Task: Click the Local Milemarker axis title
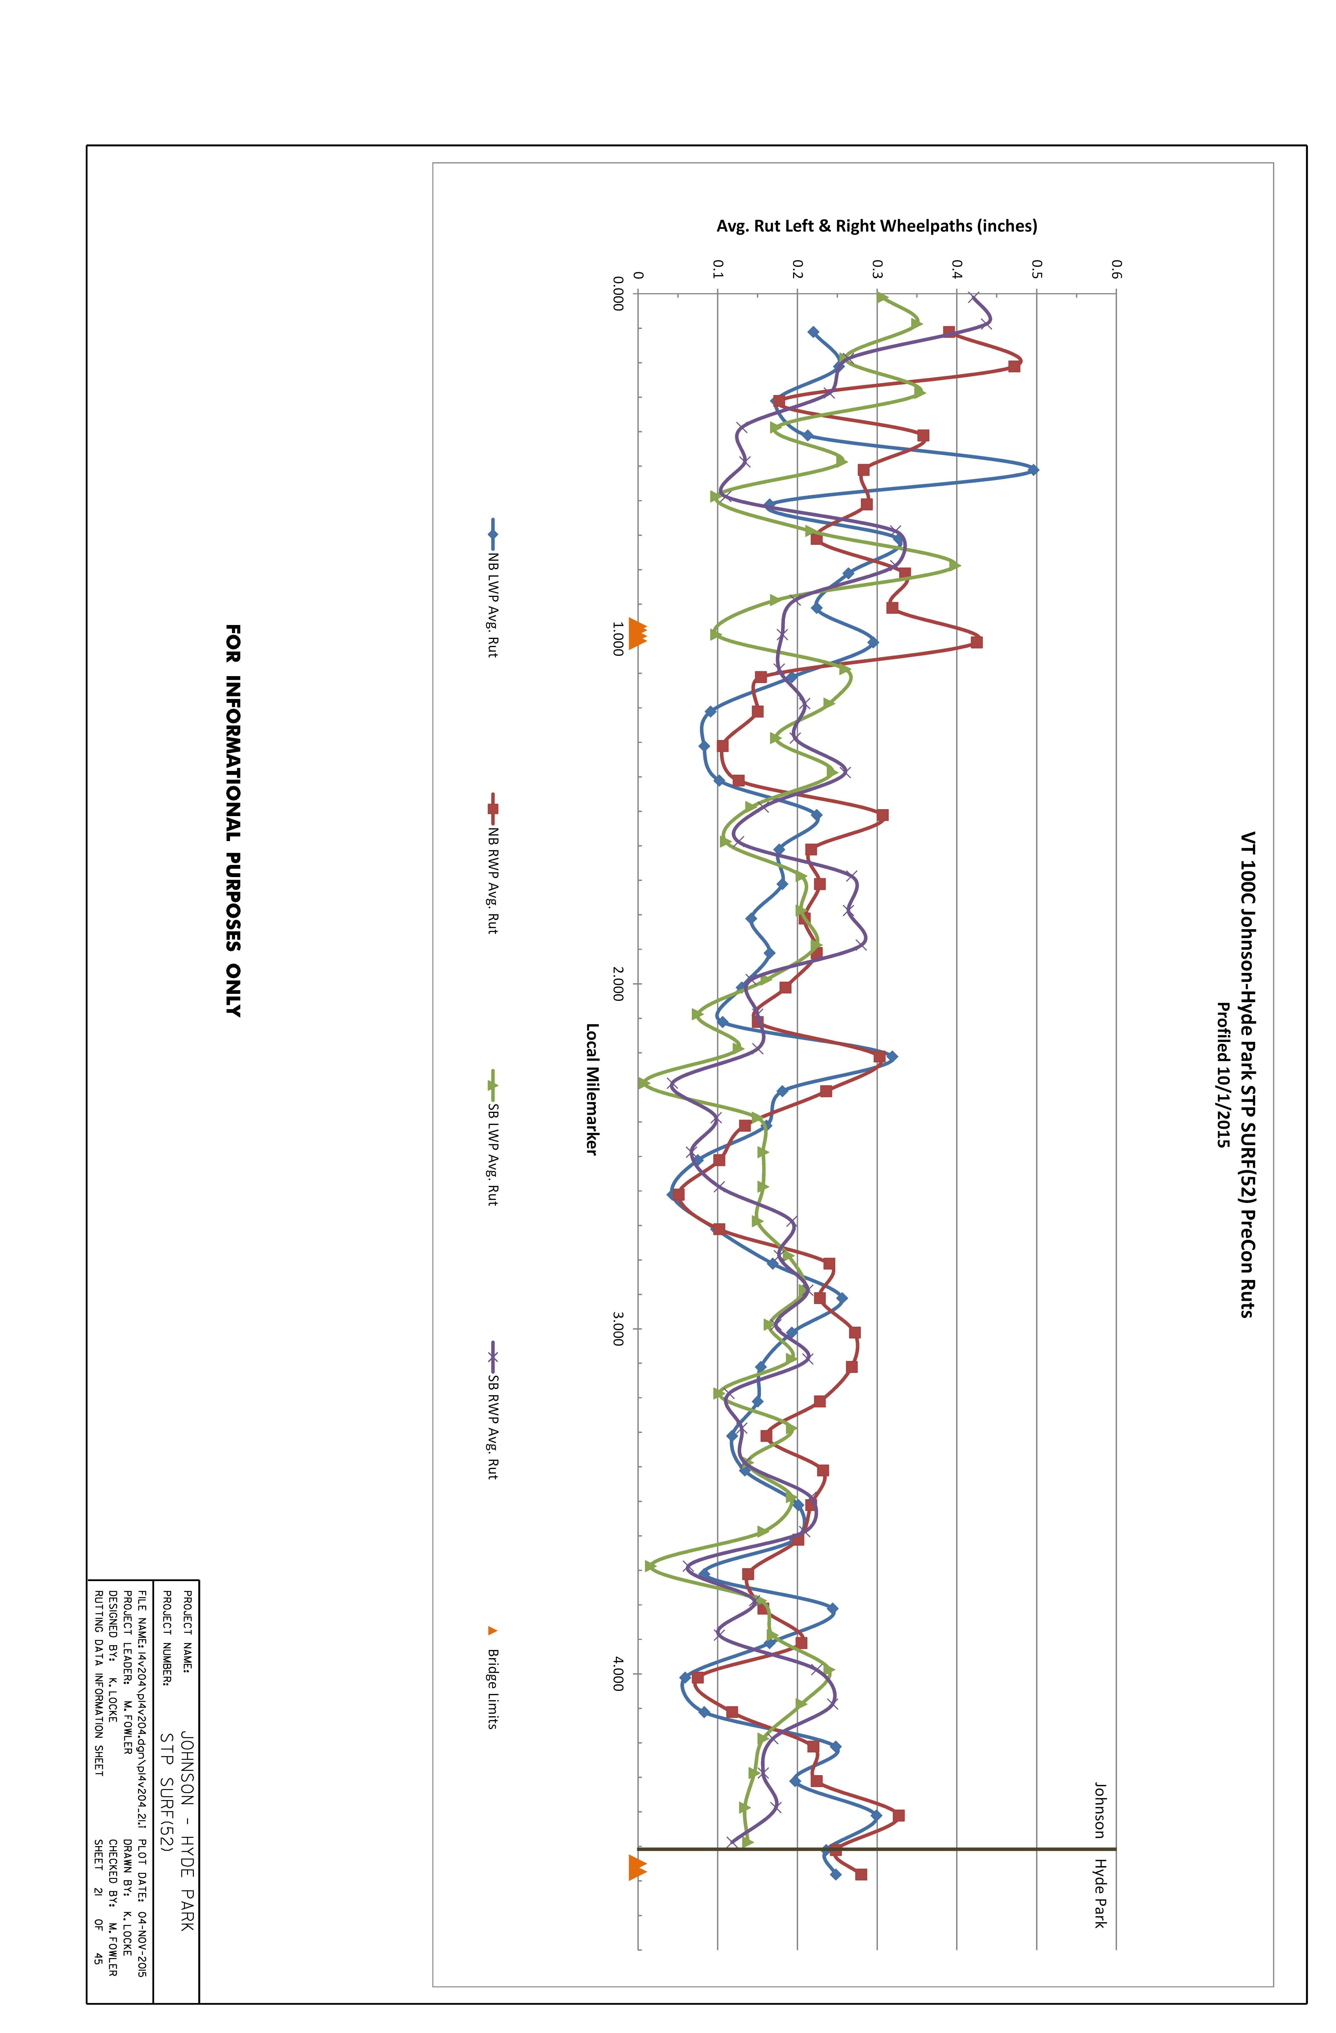click(x=591, y=1089)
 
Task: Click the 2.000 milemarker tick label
click(x=618, y=984)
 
